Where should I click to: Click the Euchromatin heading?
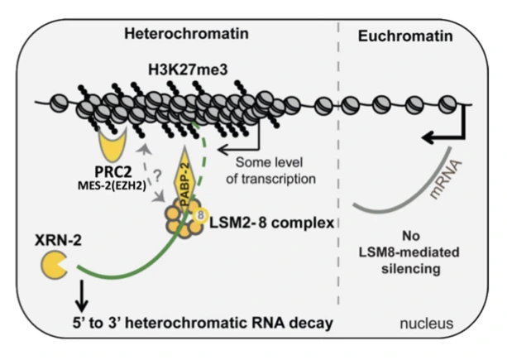396,34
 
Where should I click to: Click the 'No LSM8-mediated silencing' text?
405,258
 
